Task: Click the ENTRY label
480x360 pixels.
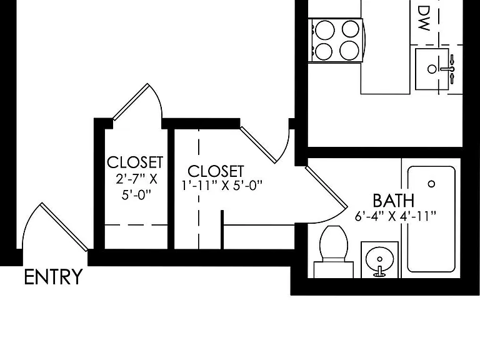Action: click(53, 277)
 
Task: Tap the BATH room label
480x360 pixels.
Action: click(394, 201)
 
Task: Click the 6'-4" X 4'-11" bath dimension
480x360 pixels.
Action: click(395, 216)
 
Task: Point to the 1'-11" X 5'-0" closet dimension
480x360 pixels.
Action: click(222, 185)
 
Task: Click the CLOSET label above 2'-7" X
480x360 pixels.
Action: click(135, 162)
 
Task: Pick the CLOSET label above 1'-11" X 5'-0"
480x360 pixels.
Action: click(216, 171)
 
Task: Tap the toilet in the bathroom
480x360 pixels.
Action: click(334, 252)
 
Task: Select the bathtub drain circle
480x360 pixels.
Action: click(432, 184)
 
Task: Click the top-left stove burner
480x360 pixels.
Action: click(325, 30)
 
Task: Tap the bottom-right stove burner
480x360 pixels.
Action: click(349, 51)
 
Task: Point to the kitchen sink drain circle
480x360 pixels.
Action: click(432, 69)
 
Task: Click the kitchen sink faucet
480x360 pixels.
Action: click(449, 69)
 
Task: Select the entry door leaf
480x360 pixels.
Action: click(64, 227)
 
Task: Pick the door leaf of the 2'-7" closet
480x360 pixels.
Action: click(131, 102)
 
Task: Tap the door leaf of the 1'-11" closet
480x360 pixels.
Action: click(259, 145)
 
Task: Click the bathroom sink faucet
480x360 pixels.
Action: click(380, 272)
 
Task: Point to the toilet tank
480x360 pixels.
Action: click(334, 270)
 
